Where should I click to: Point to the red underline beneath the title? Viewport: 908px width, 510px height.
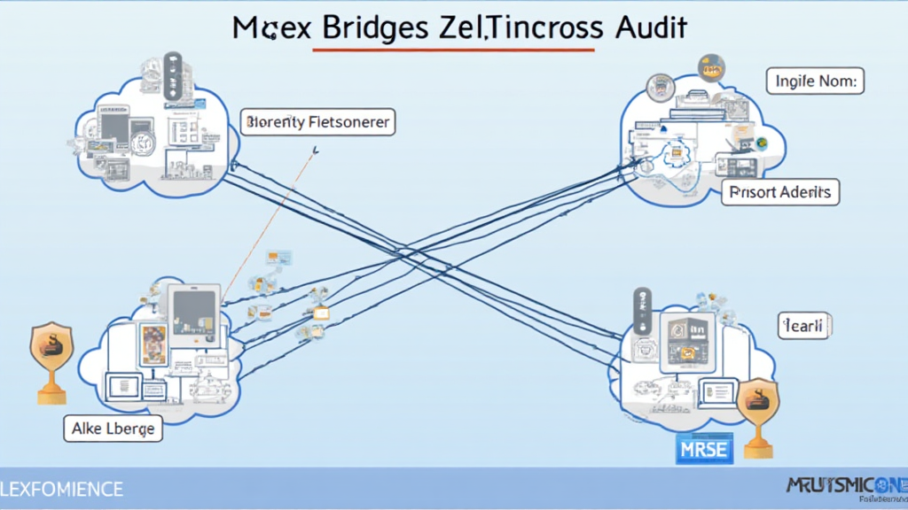pyautogui.click(x=453, y=50)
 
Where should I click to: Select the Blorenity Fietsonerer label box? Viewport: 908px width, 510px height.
pyautogui.click(x=317, y=122)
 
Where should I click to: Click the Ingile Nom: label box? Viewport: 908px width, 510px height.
pyautogui.click(x=815, y=81)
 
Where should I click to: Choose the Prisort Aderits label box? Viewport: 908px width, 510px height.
pyautogui.click(x=780, y=191)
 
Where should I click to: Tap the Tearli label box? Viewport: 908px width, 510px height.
pyautogui.click(x=803, y=326)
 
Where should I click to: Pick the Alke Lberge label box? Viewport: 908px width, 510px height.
pyautogui.click(x=113, y=429)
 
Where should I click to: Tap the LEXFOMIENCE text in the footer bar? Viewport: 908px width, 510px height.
pyautogui.click(x=62, y=489)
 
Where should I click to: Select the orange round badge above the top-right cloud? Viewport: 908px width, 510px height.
pyautogui.click(x=711, y=67)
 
